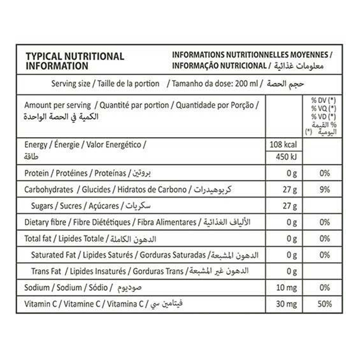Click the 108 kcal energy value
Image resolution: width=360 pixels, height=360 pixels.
283,145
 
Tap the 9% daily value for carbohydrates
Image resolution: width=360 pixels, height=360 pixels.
325,190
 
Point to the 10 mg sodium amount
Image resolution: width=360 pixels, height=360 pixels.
287,288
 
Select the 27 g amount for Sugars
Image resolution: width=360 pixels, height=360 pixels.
290,206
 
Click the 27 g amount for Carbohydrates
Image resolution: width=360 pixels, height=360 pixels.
290,190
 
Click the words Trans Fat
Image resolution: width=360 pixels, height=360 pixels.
46,271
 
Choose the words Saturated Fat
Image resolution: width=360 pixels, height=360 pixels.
53,255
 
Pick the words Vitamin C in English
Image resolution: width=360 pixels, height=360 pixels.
40,304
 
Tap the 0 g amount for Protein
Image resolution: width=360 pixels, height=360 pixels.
291,173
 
